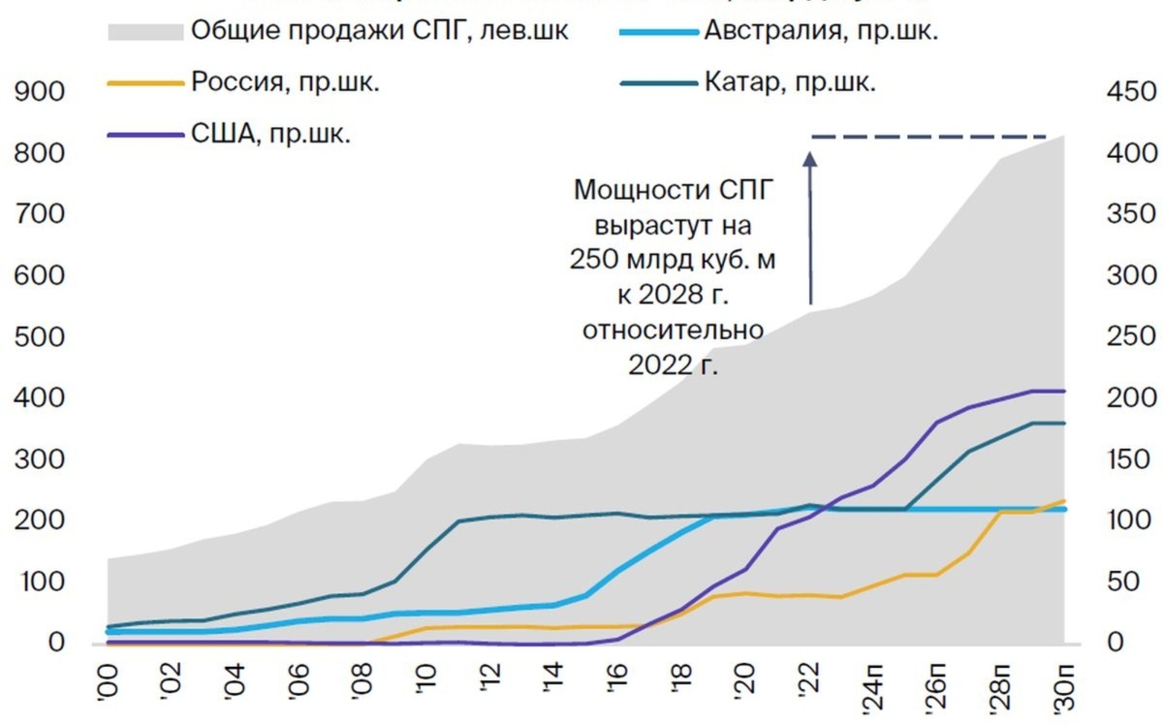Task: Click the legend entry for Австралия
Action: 820,31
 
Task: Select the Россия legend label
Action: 285,82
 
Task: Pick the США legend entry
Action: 270,134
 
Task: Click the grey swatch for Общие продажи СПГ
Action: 145,31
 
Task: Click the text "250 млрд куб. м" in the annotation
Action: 675,262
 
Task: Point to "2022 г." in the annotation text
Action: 675,366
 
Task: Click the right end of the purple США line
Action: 1064,391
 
